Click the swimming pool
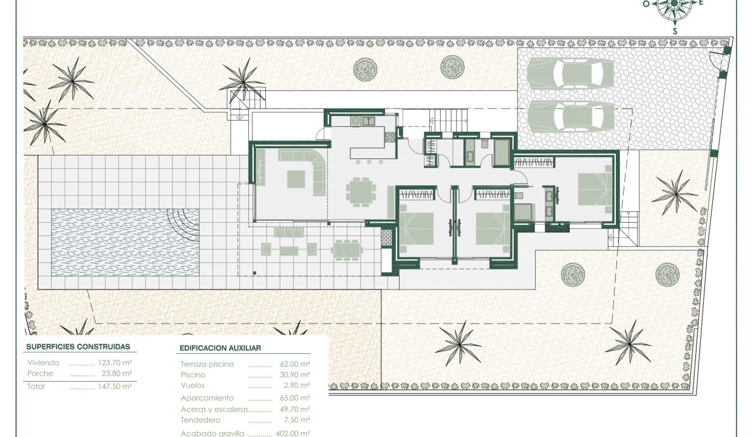tap(125, 242)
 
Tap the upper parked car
tap(570, 74)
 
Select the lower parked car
tap(570, 116)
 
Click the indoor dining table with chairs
tap(361, 192)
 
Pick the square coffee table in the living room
tap(296, 179)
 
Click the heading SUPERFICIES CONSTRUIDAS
tap(78, 347)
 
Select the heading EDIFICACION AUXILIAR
tap(220, 348)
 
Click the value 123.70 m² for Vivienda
tap(115, 363)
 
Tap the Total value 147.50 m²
tap(115, 386)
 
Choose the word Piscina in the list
tap(193, 375)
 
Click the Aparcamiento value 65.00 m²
tap(295, 398)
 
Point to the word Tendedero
tap(200, 420)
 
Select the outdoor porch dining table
tap(347, 250)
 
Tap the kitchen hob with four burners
tap(390, 137)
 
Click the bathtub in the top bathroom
tap(502, 153)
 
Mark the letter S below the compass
tap(675, 32)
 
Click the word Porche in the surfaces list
tap(40, 373)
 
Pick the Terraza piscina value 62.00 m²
tap(295, 364)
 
